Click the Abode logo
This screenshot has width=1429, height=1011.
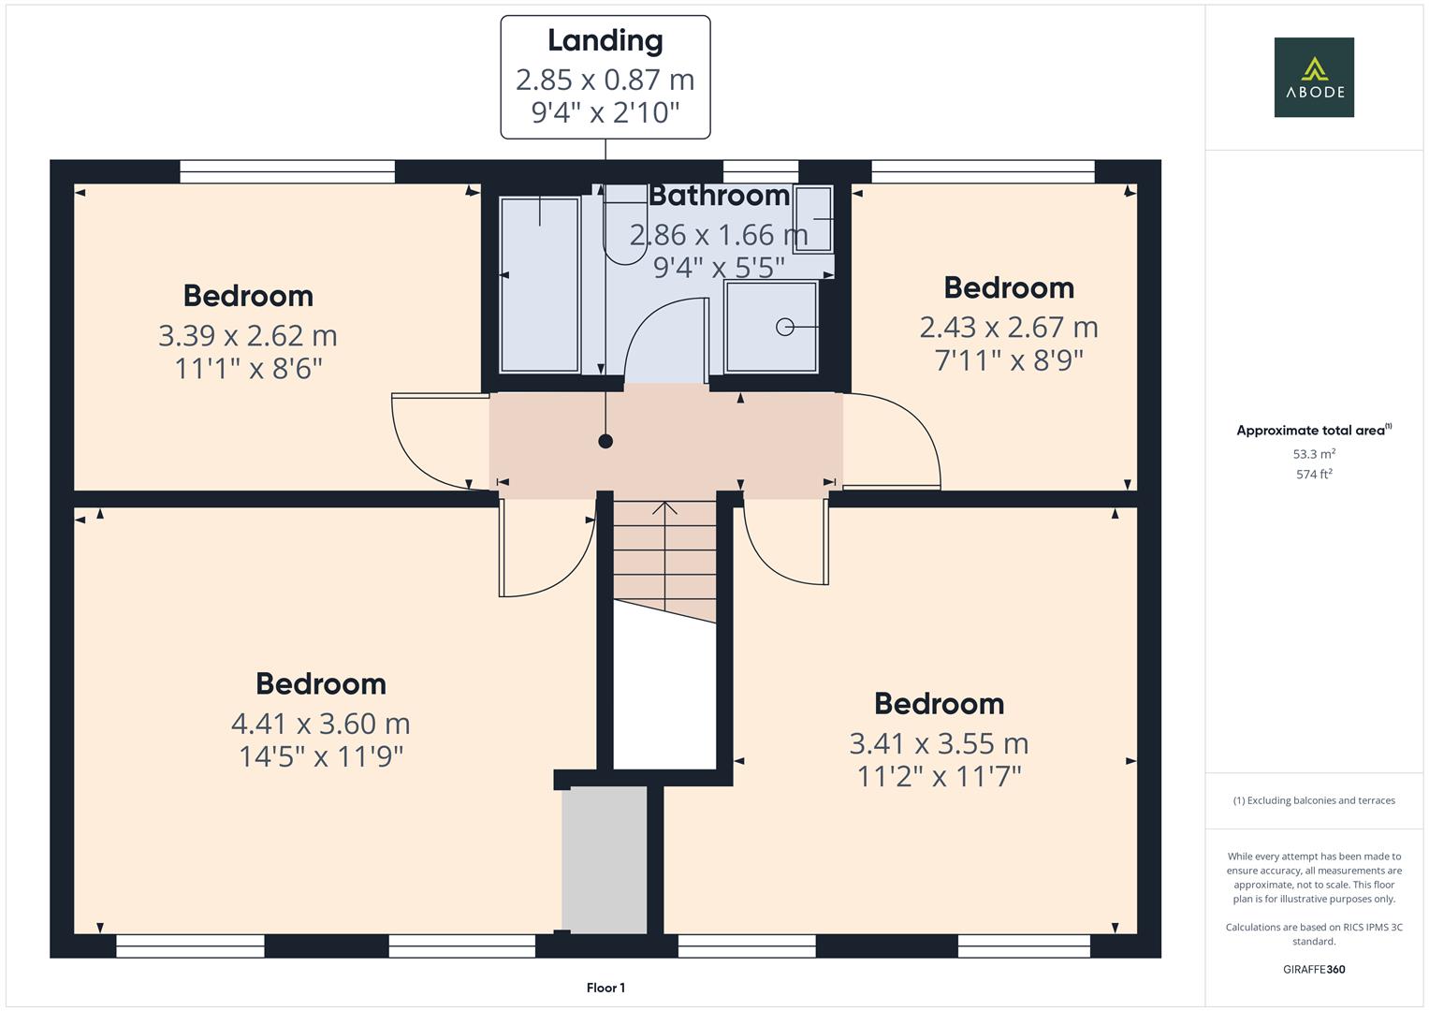click(x=1314, y=77)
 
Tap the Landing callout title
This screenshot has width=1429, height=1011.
click(x=605, y=41)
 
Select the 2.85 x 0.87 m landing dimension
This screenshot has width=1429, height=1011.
click(x=605, y=80)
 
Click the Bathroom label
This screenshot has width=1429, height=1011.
click(x=719, y=196)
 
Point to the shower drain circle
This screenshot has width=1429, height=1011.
click(x=784, y=327)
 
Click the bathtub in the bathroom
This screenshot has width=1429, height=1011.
click(x=540, y=285)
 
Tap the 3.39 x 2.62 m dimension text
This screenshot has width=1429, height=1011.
click(x=247, y=336)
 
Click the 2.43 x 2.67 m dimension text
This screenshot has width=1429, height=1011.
click(x=1009, y=328)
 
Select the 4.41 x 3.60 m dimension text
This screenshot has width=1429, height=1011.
click(x=320, y=724)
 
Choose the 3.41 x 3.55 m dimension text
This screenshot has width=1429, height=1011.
click(x=939, y=743)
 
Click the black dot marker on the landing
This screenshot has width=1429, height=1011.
click(x=605, y=441)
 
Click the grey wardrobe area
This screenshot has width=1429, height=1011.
click(x=605, y=859)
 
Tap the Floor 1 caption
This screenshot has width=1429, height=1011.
click(x=605, y=988)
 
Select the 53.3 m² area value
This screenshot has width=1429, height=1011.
click(x=1314, y=454)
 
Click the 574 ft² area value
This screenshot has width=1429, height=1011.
click(x=1314, y=475)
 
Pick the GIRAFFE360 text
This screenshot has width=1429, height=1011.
click(x=1314, y=969)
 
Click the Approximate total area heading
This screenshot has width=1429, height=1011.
click(x=1314, y=430)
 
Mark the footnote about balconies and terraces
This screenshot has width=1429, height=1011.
click(x=1314, y=800)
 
